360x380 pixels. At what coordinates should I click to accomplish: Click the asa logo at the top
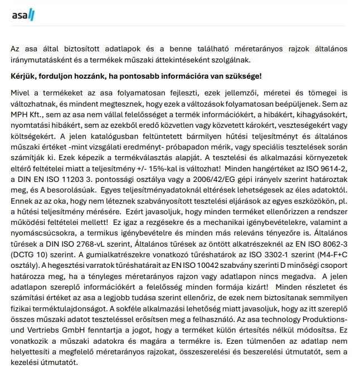(x=23, y=15)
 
